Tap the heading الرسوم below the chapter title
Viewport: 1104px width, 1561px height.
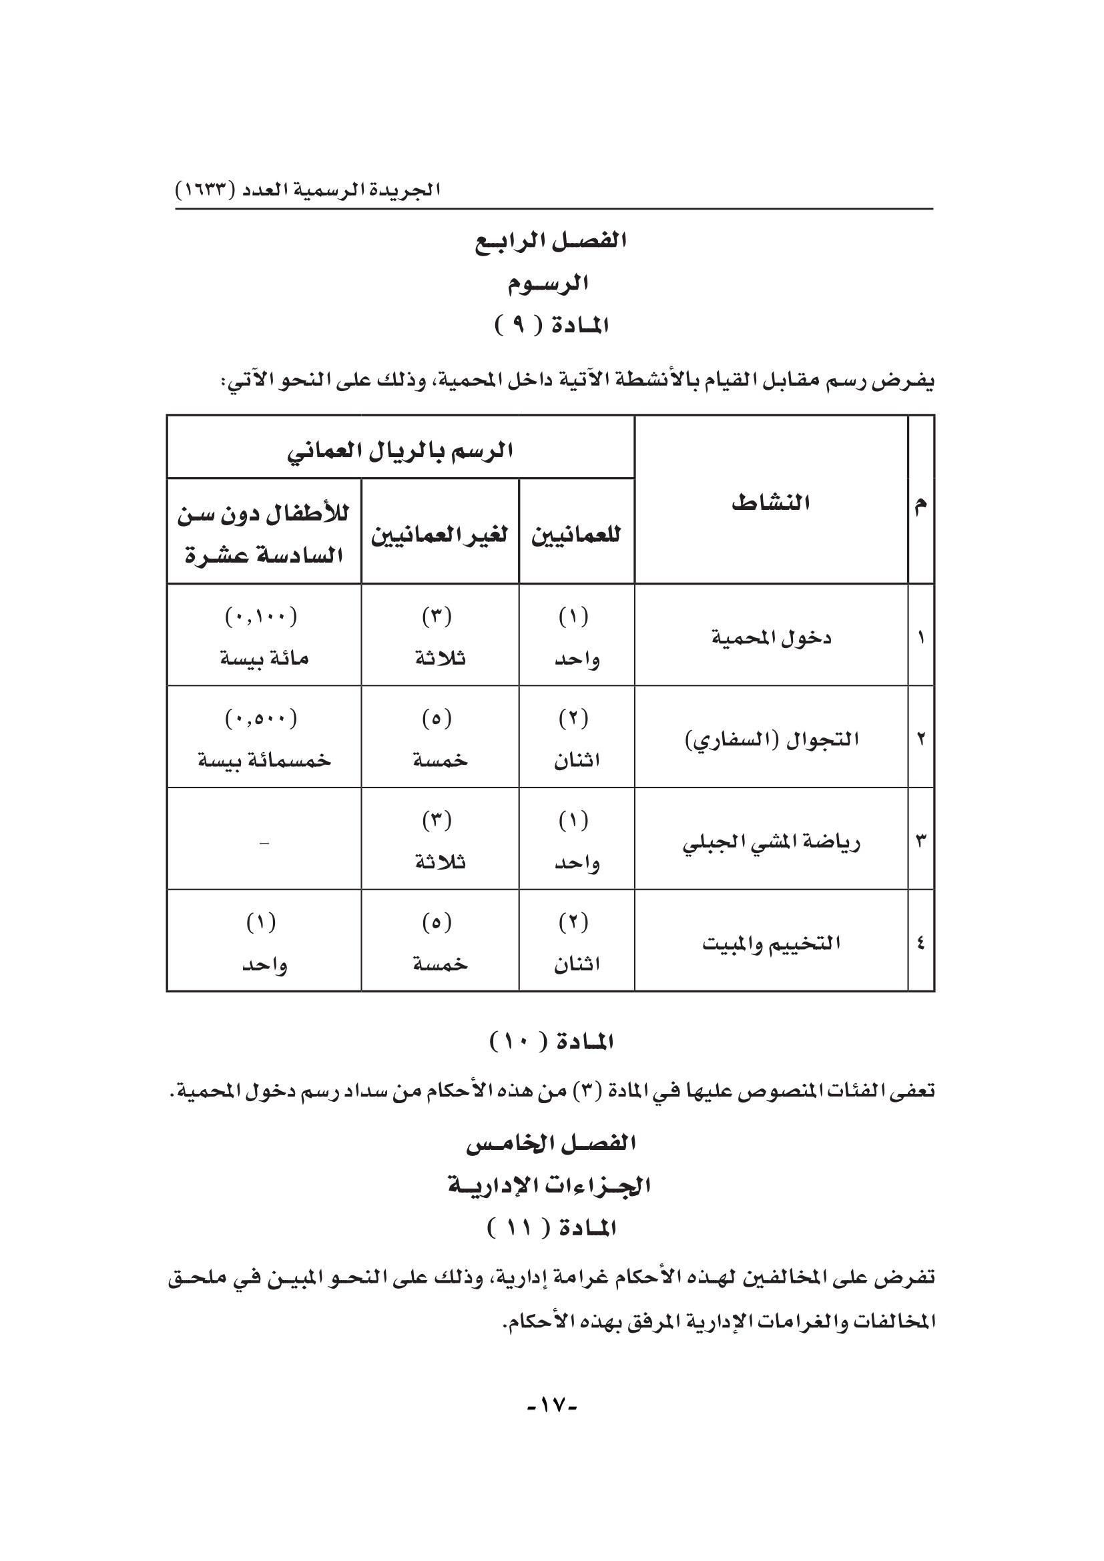pyautogui.click(x=547, y=284)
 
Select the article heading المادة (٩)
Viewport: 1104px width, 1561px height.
pyautogui.click(x=551, y=327)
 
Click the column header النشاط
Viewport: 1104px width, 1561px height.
pyautogui.click(x=770, y=503)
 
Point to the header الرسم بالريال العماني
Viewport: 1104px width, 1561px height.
pyautogui.click(x=400, y=450)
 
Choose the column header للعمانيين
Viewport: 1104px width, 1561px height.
pyautogui.click(x=577, y=535)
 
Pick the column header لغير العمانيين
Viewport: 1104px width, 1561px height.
pyautogui.click(x=439, y=535)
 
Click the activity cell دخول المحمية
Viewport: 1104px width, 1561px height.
pyautogui.click(x=771, y=639)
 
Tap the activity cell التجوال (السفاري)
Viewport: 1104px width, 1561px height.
pyautogui.click(x=771, y=739)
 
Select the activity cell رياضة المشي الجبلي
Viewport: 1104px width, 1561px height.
pyautogui.click(x=771, y=843)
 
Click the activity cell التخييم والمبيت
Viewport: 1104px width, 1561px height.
pyautogui.click(x=771, y=944)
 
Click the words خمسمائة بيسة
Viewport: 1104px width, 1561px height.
pyautogui.click(x=264, y=759)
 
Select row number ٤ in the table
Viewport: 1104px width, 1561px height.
pyautogui.click(x=920, y=944)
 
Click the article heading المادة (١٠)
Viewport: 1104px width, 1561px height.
pyautogui.click(x=551, y=1042)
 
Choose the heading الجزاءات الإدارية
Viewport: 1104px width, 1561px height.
pyautogui.click(x=549, y=1187)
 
